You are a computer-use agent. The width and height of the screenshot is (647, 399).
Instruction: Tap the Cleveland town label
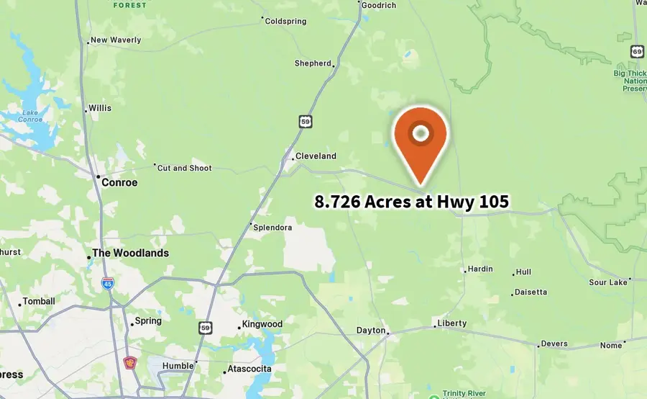[x=316, y=156]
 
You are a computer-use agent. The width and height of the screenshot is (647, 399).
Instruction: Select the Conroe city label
[x=119, y=182]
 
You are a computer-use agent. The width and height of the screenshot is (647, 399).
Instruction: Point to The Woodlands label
[x=130, y=254]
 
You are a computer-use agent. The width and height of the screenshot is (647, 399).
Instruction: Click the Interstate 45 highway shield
[x=107, y=283]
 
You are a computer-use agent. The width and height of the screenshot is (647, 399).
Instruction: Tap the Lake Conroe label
[x=30, y=116]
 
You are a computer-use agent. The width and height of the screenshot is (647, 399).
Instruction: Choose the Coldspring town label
[x=286, y=22]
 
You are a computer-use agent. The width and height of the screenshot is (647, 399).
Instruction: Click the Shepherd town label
[x=313, y=63]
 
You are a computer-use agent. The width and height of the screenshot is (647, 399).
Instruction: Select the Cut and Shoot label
[x=185, y=169]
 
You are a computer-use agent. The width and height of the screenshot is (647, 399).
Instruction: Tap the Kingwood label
[x=262, y=324]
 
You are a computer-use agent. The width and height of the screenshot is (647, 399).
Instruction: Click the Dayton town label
[x=371, y=331]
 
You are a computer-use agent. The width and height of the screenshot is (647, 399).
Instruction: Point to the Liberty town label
[x=452, y=323]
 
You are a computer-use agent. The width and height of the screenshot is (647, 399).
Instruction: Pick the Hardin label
[x=480, y=269]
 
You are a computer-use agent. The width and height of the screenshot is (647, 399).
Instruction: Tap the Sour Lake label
[x=608, y=282]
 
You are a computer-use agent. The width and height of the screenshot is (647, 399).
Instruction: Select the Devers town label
[x=554, y=344]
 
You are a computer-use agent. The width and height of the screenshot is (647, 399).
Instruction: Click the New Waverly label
[x=116, y=40]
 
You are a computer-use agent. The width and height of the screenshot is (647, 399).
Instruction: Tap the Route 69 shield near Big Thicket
[x=637, y=51]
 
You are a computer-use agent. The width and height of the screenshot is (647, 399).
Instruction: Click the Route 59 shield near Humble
[x=205, y=328]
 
